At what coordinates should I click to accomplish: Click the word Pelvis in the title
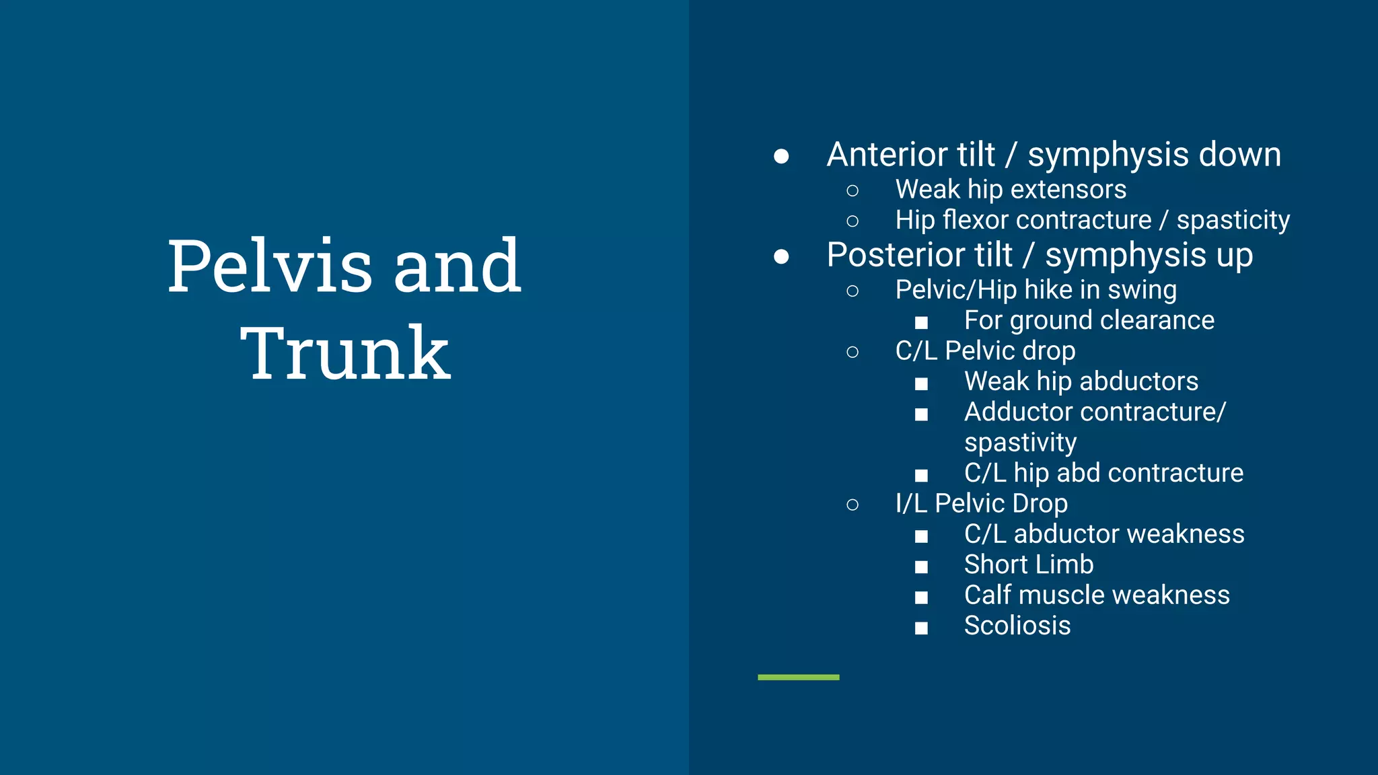[269, 266]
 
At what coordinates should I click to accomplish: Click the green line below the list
[798, 677]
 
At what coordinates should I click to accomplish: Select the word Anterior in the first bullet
[910, 155]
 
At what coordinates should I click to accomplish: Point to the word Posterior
[919, 255]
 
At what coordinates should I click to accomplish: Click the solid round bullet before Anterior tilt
[781, 157]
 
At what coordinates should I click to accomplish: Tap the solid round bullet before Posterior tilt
[781, 257]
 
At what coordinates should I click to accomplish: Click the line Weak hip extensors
[1010, 190]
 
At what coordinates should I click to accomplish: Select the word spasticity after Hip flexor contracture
[1233, 220]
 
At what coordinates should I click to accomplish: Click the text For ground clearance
[1089, 320]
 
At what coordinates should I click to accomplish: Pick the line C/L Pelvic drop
[984, 351]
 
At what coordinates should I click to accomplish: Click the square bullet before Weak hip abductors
[921, 384]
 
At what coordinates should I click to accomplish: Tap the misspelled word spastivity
[1020, 443]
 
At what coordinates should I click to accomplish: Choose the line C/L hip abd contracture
[1103, 473]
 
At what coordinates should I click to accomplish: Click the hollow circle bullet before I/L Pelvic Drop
[853, 505]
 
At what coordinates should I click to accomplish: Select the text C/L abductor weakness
[1103, 534]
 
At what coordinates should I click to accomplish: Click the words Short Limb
[1028, 564]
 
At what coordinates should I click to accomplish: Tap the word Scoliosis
[1017, 626]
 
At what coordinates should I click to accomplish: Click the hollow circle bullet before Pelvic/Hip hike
[853, 291]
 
